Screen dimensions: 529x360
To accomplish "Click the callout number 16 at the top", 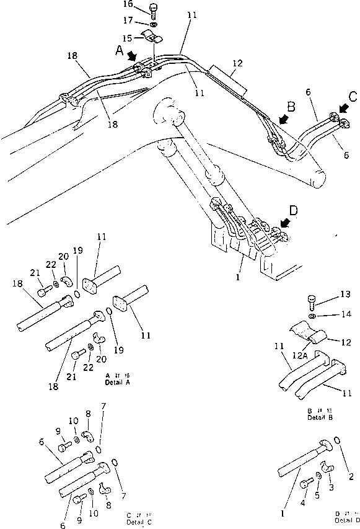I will [x=128, y=4].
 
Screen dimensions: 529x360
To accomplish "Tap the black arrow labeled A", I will [x=133, y=56].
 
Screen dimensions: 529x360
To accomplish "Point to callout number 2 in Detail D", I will [x=351, y=476].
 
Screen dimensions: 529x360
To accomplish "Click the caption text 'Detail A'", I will [x=117, y=381].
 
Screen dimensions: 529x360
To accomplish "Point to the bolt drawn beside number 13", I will [x=312, y=303].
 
